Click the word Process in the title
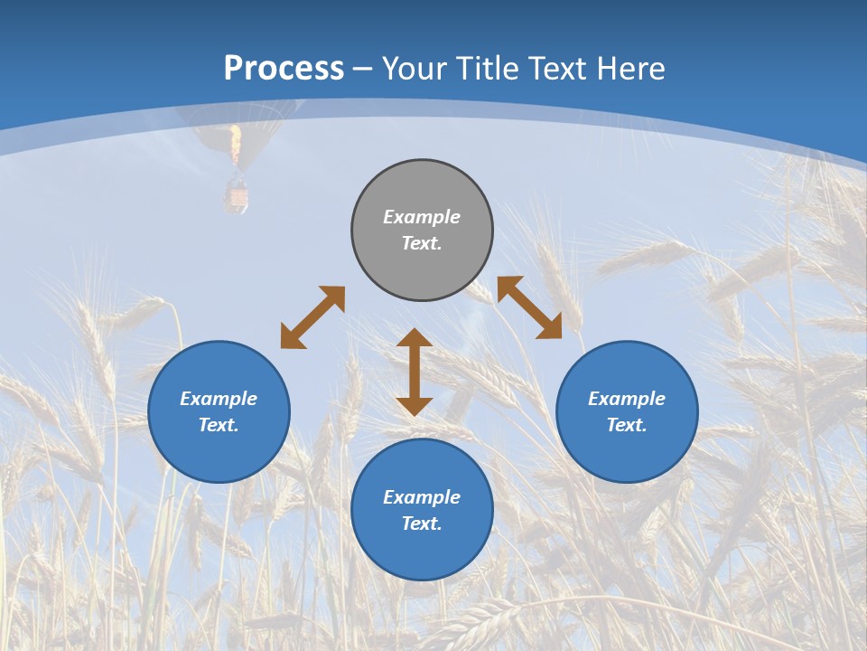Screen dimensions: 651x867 [284, 69]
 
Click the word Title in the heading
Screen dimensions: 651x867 [487, 69]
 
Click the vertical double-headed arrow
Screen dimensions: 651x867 [415, 372]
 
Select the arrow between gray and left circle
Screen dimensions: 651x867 [312, 317]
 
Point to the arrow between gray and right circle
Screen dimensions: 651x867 [529, 307]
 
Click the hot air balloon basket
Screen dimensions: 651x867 [237, 196]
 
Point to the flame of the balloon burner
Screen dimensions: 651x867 [236, 145]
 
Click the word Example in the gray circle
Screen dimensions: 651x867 [422, 217]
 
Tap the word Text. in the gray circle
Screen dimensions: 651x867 [422, 243]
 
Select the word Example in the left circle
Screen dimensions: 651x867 [219, 399]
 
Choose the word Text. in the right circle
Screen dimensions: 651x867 [627, 425]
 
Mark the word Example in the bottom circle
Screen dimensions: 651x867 [422, 497]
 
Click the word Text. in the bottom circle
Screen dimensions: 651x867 [422, 524]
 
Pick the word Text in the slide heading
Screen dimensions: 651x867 [554, 69]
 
